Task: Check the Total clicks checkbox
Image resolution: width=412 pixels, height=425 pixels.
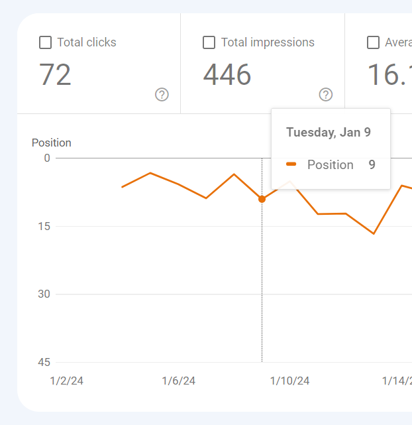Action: click(x=46, y=42)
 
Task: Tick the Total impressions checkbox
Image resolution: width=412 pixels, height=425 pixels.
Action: click(x=209, y=42)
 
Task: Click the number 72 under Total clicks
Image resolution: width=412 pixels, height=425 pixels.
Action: click(x=55, y=75)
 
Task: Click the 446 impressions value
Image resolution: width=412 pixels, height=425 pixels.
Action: click(x=227, y=75)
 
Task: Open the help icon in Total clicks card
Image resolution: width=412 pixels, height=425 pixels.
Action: click(x=162, y=95)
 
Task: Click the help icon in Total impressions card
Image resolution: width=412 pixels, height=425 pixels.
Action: click(x=325, y=95)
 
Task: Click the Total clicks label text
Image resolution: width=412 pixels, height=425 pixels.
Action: click(x=87, y=42)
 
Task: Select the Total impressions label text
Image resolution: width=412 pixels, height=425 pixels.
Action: click(x=268, y=42)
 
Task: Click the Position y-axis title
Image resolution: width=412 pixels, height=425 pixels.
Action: click(x=52, y=143)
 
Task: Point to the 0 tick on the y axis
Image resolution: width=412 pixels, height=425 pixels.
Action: click(x=47, y=158)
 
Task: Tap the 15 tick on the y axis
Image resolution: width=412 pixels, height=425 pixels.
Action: click(x=44, y=226)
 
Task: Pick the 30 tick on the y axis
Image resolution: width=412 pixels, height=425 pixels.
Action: click(x=44, y=294)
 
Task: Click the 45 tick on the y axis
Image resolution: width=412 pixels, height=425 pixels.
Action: click(x=44, y=362)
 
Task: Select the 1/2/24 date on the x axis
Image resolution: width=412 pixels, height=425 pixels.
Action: click(x=67, y=381)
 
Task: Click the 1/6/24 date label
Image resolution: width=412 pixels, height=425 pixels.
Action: click(x=179, y=381)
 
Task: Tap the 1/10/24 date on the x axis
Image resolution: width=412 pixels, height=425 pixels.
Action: click(x=289, y=381)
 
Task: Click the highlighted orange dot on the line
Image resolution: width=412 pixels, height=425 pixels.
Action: click(x=262, y=199)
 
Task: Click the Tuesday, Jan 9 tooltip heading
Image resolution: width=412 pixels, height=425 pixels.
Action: click(x=328, y=132)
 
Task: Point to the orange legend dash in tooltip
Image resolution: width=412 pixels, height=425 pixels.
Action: click(x=291, y=164)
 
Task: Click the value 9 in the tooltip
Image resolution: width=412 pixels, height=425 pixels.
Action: click(x=372, y=164)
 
